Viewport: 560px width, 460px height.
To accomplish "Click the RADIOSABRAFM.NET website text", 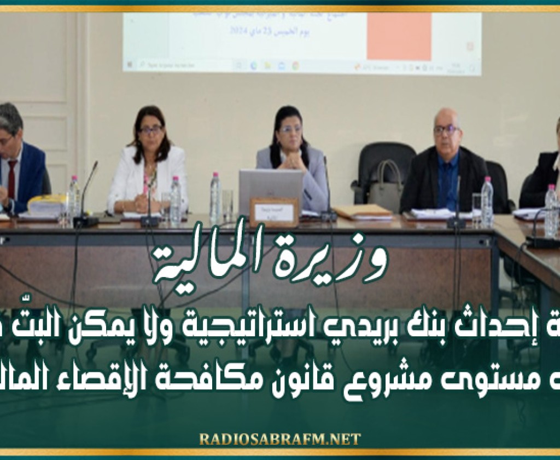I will [x=279, y=439].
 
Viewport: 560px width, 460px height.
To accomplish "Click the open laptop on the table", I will [x=271, y=189].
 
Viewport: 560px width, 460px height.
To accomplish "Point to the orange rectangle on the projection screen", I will [x=399, y=36].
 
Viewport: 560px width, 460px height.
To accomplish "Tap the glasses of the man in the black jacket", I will [x=446, y=130].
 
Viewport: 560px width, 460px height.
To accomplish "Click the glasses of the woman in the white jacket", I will [x=150, y=130].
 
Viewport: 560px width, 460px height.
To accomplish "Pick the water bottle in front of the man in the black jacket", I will [x=486, y=194].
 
